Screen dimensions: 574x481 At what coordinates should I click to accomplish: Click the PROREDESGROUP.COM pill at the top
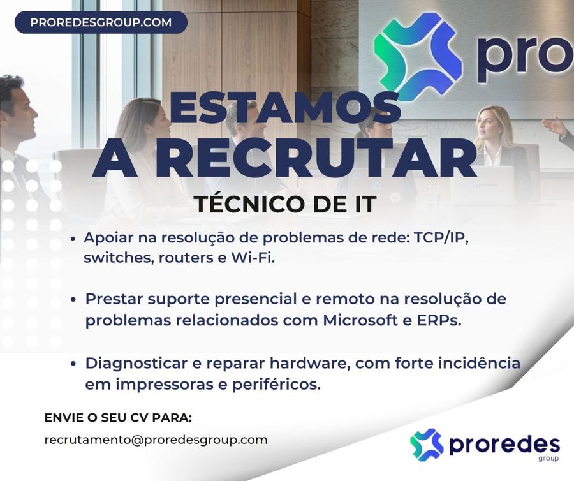[101, 22]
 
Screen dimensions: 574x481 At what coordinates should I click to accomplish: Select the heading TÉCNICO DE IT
[285, 204]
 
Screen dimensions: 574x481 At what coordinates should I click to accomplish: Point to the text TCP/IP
[441, 238]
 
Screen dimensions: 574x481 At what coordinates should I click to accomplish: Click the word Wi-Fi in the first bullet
[253, 258]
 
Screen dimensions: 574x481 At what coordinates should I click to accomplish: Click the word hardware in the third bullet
[310, 363]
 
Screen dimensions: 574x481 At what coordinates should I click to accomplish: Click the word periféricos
[276, 385]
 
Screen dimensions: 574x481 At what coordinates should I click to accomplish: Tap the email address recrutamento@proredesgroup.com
[156, 440]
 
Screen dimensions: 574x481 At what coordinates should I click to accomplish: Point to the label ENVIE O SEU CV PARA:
[118, 418]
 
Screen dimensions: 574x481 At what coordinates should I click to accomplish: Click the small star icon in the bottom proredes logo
[427, 445]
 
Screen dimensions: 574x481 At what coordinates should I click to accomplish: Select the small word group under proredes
[548, 459]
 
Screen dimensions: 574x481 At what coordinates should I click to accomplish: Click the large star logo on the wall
[418, 54]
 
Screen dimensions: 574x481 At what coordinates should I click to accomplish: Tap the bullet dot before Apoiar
[73, 239]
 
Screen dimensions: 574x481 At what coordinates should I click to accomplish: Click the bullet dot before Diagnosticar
[73, 364]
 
